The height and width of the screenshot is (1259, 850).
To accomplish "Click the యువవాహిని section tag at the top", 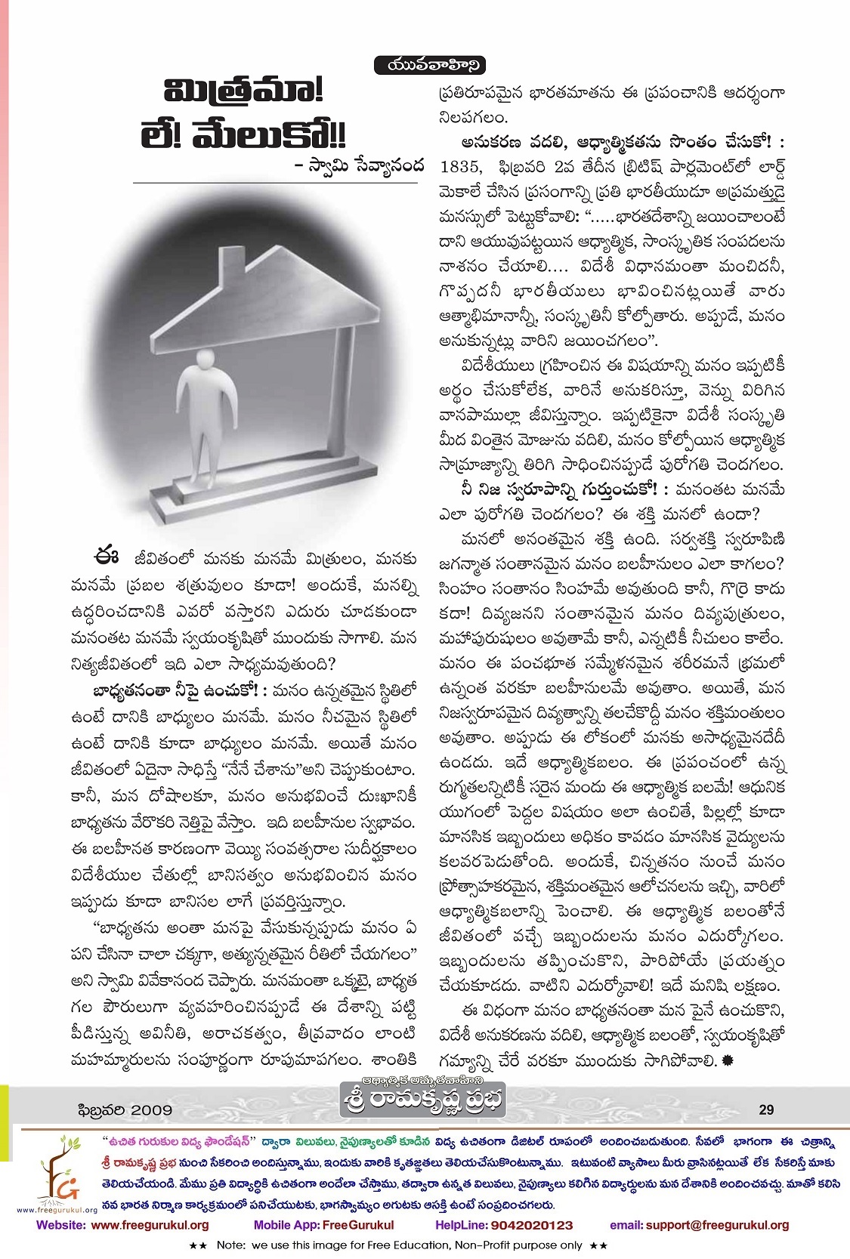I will [429, 66].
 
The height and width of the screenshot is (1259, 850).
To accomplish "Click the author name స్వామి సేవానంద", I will [362, 165].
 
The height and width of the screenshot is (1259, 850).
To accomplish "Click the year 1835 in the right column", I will [460, 165].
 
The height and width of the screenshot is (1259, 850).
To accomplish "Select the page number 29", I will [765, 1109].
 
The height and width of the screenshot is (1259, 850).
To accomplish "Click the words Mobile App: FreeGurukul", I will [323, 1225].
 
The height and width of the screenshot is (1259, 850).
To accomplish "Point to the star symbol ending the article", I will [728, 1060].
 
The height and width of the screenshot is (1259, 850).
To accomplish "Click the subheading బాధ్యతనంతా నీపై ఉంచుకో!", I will [164, 690].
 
